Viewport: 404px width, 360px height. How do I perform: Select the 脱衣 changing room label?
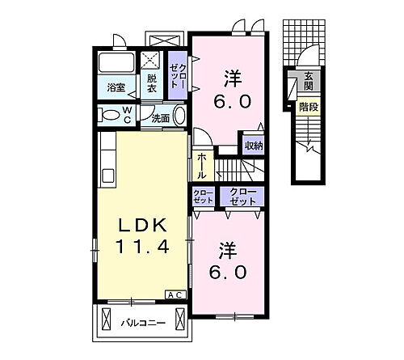150,83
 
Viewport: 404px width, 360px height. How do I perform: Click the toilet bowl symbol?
107,115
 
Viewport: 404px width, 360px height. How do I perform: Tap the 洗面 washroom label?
160,118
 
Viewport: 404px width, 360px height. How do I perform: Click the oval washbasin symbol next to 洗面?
180,116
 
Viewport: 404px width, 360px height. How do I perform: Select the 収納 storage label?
254,146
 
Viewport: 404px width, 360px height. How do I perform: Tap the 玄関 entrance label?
308,82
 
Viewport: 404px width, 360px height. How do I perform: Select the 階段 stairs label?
307,107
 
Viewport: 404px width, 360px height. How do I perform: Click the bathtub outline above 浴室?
116,64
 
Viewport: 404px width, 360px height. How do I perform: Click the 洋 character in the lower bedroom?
225,248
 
